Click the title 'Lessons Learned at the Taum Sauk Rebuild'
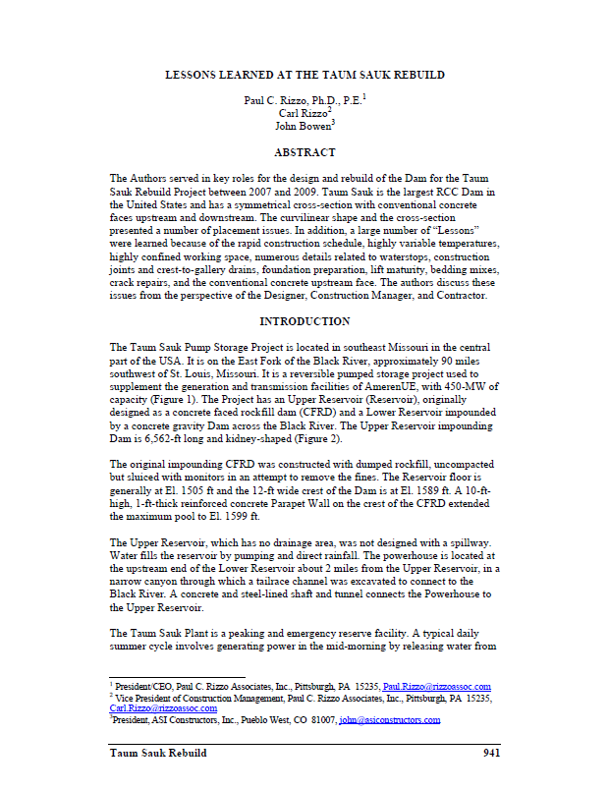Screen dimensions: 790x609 304,74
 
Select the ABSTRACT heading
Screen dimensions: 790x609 304,152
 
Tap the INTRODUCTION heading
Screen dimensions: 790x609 304,321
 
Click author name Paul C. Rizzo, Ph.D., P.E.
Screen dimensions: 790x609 302,100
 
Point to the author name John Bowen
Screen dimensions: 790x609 302,126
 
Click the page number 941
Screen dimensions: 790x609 492,754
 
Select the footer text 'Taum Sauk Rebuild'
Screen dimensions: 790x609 157,754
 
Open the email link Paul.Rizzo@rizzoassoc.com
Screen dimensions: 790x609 437,687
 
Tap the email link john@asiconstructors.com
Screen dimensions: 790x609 389,720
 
